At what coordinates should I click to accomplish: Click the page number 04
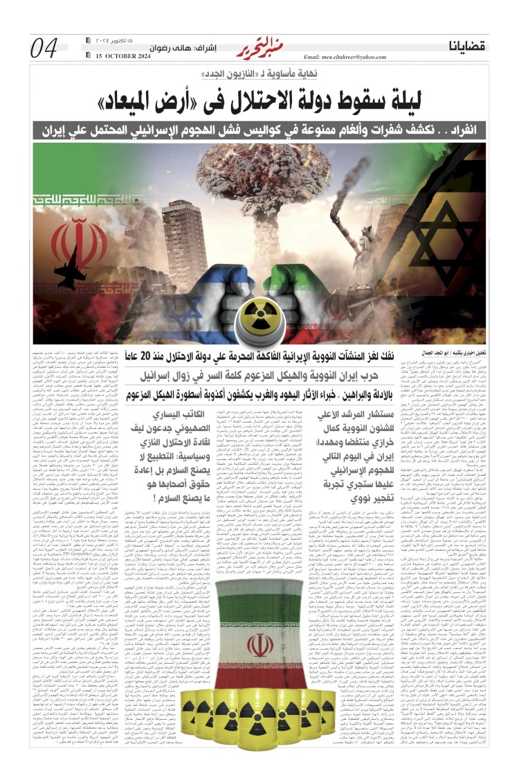[45, 48]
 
